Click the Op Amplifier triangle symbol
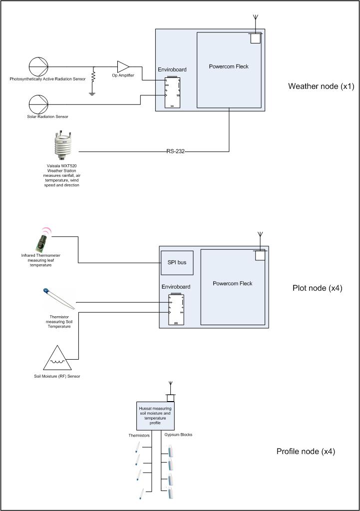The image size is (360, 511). pyautogui.click(x=123, y=66)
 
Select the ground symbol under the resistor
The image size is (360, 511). pyautogui.click(x=92, y=93)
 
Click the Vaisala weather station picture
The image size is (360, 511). pyautogui.click(x=63, y=148)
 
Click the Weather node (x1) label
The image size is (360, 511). pyautogui.click(x=321, y=86)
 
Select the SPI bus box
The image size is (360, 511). pyautogui.click(x=177, y=263)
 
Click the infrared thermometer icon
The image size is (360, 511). pyautogui.click(x=41, y=241)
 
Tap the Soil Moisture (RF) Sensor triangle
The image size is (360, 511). pyautogui.click(x=58, y=358)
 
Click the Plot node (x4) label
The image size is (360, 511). pyautogui.click(x=317, y=288)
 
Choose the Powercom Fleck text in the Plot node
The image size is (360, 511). pyautogui.click(x=232, y=284)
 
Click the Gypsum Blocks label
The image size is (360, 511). pyautogui.click(x=178, y=435)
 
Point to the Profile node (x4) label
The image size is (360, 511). pyautogui.click(x=306, y=452)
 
